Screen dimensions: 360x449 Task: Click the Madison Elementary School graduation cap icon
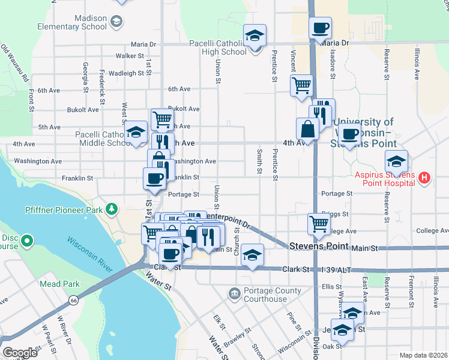[116, 22]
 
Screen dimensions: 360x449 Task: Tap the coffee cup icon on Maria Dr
[320, 27]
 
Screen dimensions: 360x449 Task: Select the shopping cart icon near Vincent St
[301, 85]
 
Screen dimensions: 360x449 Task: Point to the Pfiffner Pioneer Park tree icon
[111, 209]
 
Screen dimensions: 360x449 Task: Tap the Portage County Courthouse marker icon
[234, 292]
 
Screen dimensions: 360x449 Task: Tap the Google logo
[20, 353]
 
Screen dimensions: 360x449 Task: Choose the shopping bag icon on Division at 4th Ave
[307, 128]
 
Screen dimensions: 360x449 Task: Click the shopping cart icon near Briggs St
[319, 224]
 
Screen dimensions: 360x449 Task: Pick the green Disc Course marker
[26, 242]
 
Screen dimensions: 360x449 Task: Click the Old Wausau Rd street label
[15, 63]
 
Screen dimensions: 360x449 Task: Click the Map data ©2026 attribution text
[423, 355]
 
